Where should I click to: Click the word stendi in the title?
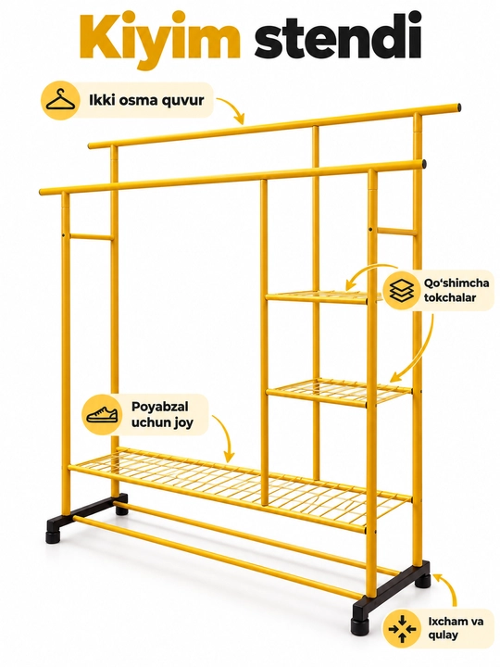coord(339,36)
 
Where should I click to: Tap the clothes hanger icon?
coord(60,101)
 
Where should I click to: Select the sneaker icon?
coord(101,414)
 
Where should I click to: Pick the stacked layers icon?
coord(402,290)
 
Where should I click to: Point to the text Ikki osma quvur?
coord(146,100)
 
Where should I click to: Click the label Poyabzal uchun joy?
coord(159,414)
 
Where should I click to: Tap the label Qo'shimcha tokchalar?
coord(456,290)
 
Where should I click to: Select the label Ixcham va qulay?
coord(456,628)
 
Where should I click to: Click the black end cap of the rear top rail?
coord(458,107)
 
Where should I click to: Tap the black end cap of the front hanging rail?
coord(424,164)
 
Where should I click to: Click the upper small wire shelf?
coord(318,296)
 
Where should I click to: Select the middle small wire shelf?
coord(339,392)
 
